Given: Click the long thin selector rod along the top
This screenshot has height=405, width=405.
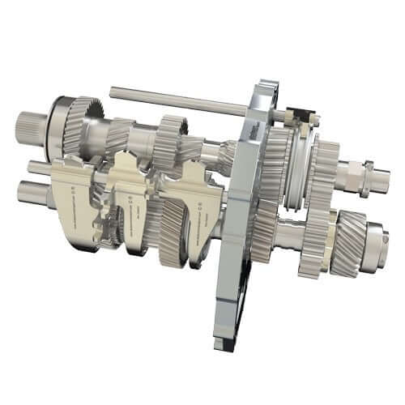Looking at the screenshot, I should click(178, 100).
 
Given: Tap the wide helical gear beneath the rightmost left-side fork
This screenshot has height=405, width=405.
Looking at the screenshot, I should click(174, 235).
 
